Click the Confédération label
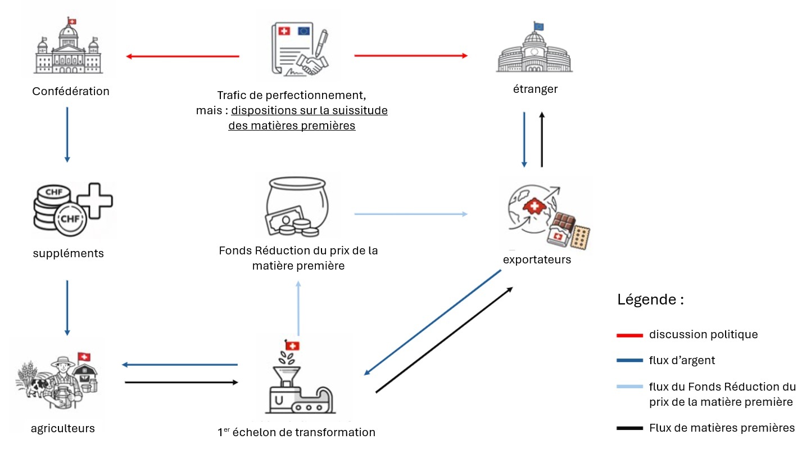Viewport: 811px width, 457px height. coord(71,91)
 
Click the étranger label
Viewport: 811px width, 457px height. coord(536,89)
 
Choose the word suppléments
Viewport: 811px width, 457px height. coord(69,254)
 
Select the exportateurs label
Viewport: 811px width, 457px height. coord(537,259)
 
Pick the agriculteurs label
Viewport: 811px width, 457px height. coord(63,428)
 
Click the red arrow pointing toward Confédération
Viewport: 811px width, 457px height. coord(183,56)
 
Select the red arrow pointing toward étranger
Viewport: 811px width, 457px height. coord(411,56)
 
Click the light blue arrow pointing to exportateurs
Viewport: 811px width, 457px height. coord(411,214)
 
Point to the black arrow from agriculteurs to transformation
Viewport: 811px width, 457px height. coord(181,383)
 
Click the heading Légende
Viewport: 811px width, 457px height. coord(650,299)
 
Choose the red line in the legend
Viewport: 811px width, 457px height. coord(629,335)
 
